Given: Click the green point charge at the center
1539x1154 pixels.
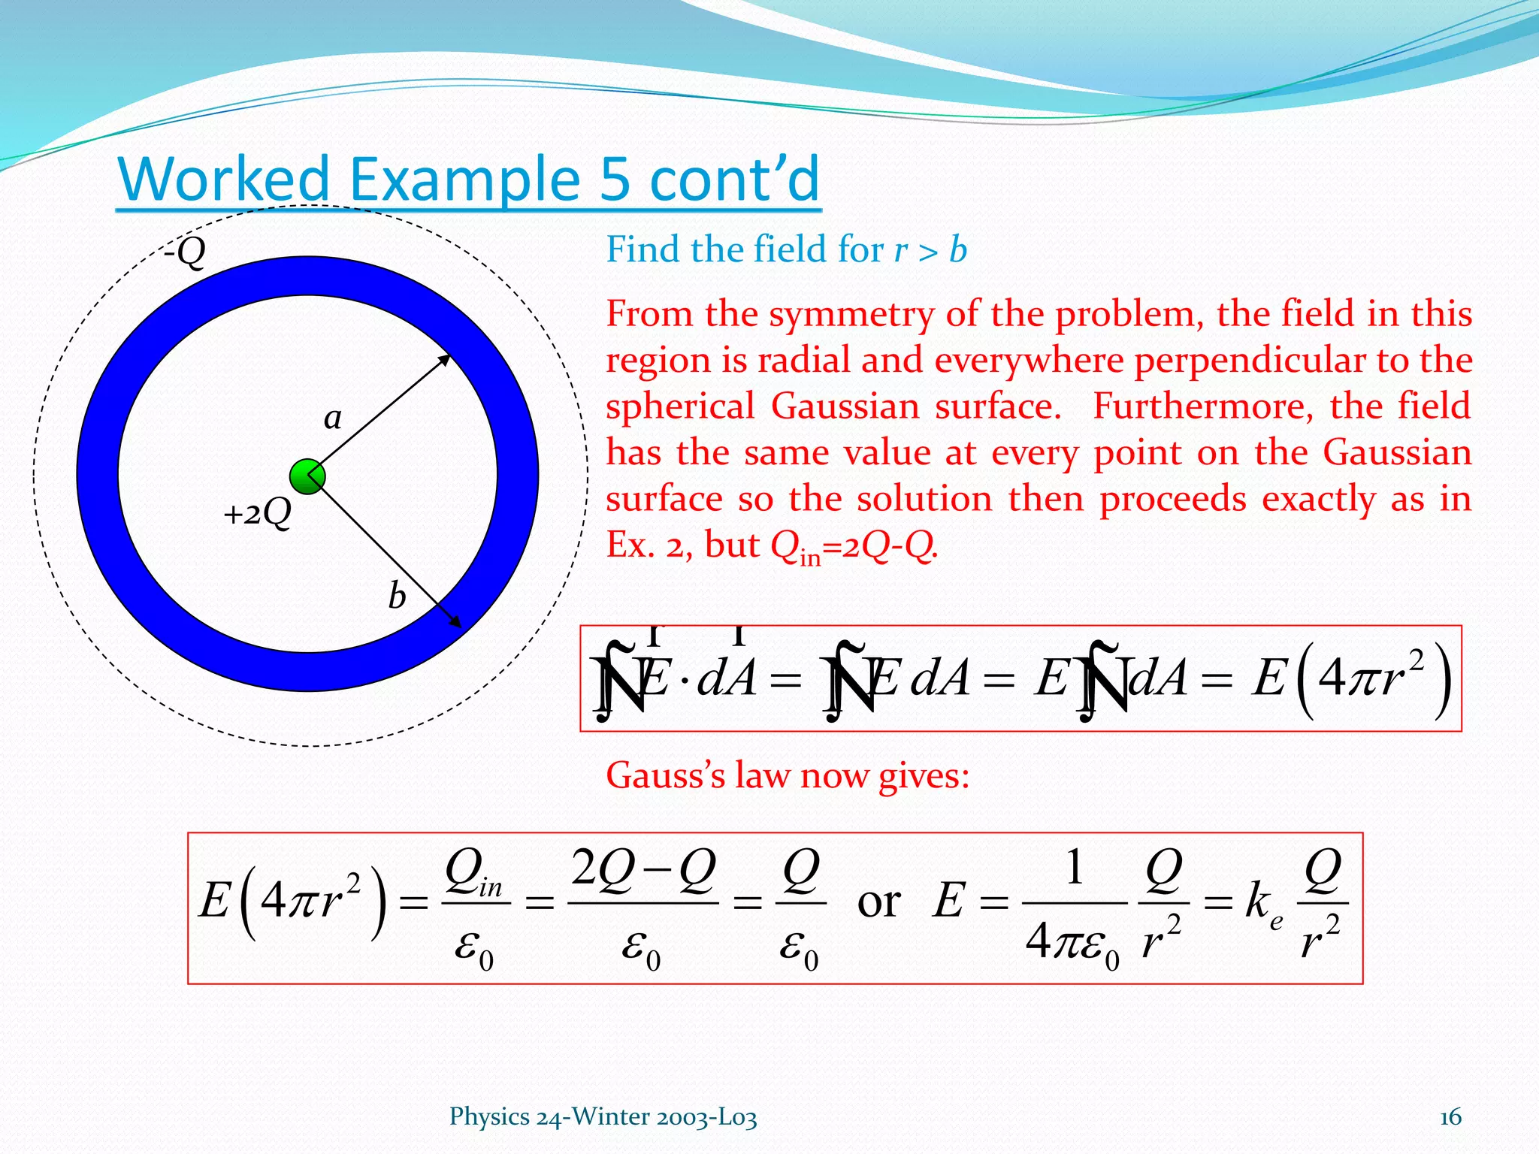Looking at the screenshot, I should pos(307,476).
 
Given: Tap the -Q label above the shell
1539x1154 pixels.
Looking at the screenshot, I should pos(185,252).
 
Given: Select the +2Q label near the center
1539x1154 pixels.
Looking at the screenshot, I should pos(257,514).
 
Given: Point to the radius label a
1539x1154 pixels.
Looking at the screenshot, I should pos(332,418).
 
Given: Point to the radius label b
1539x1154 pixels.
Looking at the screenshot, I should pos(397,597).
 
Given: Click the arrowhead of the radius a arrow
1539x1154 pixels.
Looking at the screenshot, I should pos(445,359).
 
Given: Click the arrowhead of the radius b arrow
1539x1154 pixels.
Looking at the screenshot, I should pos(455,623).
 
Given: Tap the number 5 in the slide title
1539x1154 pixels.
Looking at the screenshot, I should pos(615,180).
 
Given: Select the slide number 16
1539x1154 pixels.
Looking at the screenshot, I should pos(1450,1117).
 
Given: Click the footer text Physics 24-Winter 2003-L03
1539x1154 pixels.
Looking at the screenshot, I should pos(603,1117).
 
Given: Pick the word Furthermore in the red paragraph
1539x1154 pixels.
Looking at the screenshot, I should pos(1202,406).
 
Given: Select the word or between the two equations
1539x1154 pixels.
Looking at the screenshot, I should pos(878,902).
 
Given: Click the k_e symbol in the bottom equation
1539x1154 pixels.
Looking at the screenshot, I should pos(1263,904).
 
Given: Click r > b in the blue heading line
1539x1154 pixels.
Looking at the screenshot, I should pos(930,249).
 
